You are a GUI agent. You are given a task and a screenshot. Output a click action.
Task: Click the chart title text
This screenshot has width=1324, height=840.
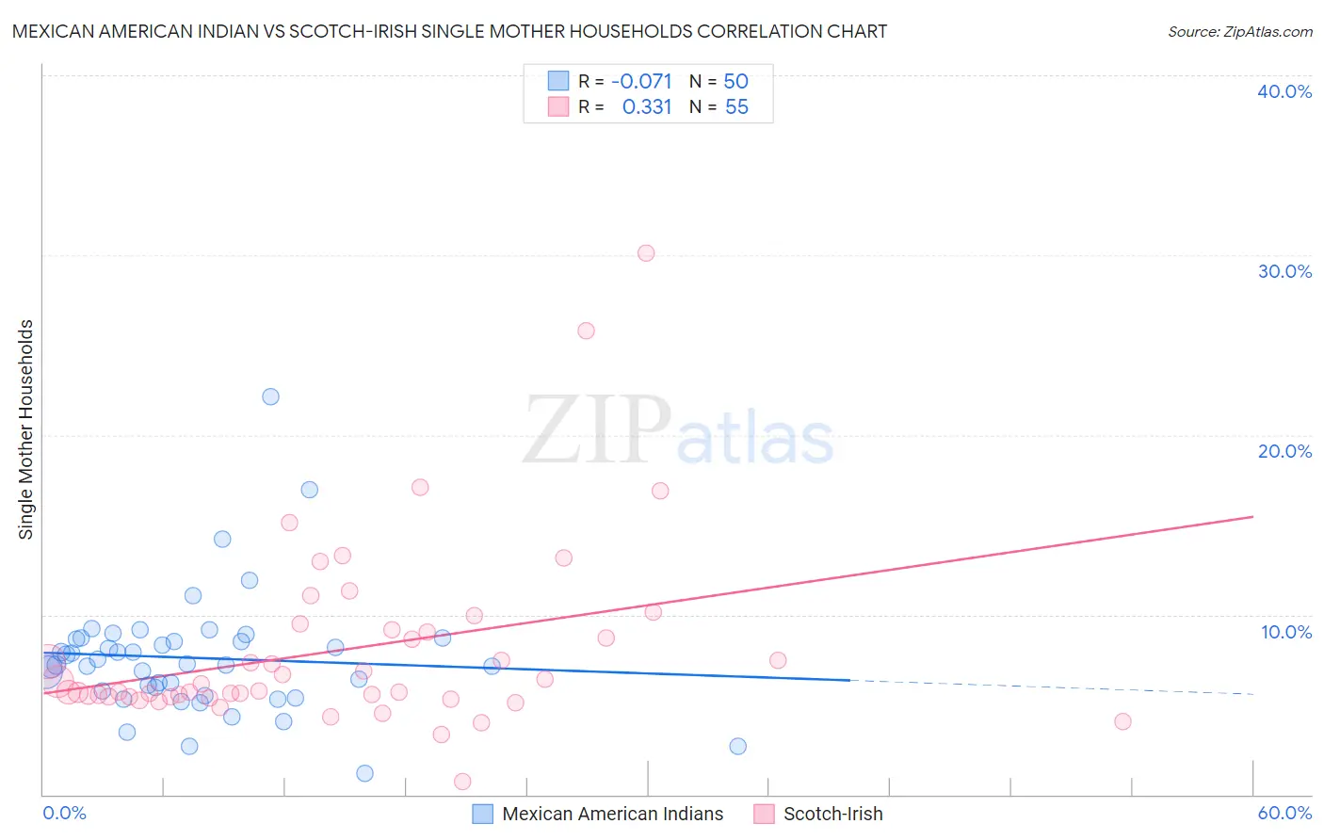coord(449,31)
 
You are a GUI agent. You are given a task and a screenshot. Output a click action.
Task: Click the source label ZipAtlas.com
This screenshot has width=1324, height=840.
coord(1239,31)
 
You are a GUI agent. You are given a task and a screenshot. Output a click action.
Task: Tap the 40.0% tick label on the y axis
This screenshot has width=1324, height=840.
coord(1284,91)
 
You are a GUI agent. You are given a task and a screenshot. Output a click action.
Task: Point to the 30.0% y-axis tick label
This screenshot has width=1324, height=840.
coord(1284,271)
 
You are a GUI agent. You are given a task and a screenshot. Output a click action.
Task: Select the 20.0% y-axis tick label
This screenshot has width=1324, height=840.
coord(1284,451)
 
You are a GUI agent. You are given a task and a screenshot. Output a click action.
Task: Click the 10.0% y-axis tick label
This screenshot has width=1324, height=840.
coord(1285,632)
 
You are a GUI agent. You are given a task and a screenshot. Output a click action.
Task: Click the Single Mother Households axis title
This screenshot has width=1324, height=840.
coord(26,429)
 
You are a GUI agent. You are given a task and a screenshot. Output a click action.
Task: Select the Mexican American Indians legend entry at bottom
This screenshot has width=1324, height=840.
coord(612,814)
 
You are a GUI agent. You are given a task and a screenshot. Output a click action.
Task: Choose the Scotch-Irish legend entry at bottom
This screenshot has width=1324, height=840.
coord(832,814)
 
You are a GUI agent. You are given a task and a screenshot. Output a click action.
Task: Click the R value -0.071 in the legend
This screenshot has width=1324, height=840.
coord(641,81)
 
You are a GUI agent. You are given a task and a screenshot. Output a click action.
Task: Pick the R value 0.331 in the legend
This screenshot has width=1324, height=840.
coord(647,107)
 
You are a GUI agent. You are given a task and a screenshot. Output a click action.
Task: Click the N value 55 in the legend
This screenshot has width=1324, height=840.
coord(736,107)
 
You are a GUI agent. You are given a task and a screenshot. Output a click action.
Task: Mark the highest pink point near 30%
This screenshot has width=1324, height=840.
coord(646,253)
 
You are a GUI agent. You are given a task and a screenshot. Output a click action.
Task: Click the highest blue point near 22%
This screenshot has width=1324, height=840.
coord(270,396)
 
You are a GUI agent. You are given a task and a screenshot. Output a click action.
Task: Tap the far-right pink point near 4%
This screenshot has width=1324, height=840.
coord(1122,721)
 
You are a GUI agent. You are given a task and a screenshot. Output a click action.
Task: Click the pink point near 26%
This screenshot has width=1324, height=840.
coord(586,331)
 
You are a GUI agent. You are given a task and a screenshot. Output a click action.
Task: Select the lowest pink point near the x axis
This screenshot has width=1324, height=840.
coord(462,782)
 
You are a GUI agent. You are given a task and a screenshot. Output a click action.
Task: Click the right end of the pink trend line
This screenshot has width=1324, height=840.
coord(1252,516)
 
